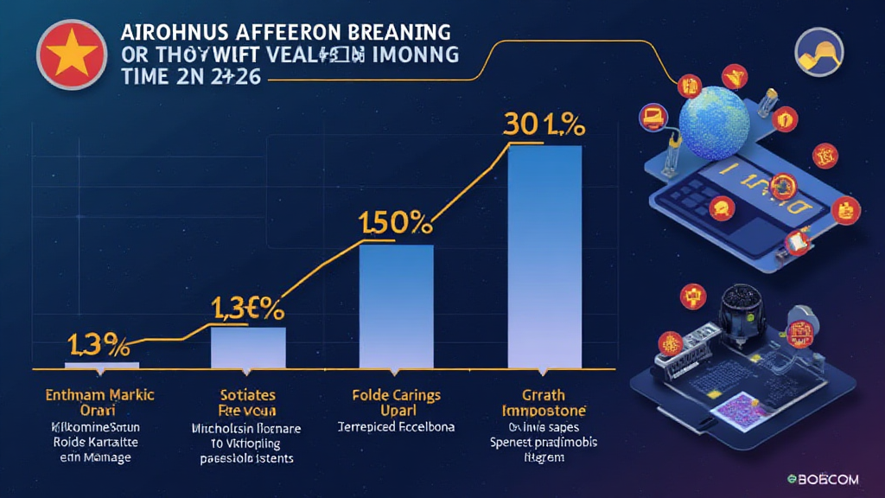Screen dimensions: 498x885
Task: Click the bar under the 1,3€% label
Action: point(248,348)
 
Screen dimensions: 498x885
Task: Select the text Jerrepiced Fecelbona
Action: point(396,426)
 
